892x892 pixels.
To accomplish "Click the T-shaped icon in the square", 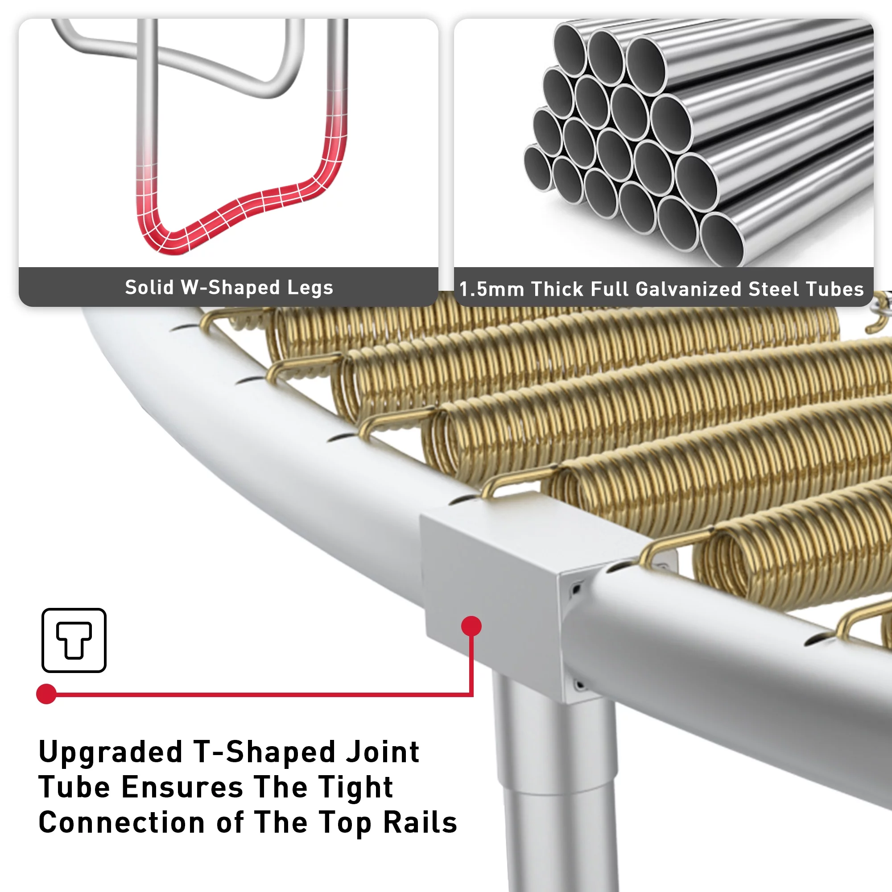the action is tap(74, 640).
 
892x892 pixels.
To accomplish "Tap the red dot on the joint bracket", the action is tap(471, 626).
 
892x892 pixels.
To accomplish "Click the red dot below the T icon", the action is tap(46, 694).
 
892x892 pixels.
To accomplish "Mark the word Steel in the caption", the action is tap(774, 289).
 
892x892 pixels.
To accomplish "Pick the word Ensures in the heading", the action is tap(182, 788).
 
